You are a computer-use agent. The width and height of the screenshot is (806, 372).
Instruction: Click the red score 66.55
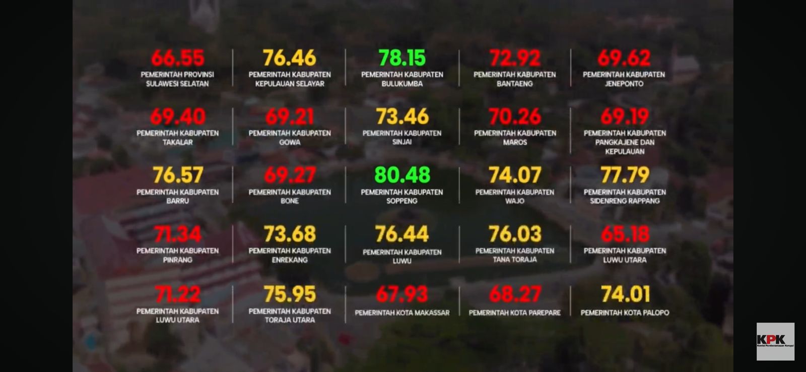point(177,58)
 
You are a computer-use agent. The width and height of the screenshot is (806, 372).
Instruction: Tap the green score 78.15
point(402,58)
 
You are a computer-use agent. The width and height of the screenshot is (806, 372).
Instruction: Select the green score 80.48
point(402,175)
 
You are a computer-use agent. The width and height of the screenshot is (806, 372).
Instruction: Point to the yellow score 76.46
point(290,58)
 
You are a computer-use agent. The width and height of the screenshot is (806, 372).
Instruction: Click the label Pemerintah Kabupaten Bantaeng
point(514,79)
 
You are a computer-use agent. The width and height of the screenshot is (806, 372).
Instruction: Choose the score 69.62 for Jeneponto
point(624,58)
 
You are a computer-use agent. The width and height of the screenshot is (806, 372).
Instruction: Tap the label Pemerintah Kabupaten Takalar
point(177,138)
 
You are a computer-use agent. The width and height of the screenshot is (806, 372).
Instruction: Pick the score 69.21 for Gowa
point(290,117)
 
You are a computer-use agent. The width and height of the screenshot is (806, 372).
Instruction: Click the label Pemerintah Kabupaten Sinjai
point(402,138)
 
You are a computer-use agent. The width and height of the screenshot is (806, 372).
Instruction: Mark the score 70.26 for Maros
point(515,117)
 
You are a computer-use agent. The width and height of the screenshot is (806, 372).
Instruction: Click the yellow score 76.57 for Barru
point(177,175)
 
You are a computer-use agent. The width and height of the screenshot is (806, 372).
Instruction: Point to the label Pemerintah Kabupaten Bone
point(290,196)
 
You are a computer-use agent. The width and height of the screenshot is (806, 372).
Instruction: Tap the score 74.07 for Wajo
point(515,175)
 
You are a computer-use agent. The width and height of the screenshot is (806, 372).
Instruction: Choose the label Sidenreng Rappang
point(625,196)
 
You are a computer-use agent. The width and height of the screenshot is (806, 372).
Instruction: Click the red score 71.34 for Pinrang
point(177,234)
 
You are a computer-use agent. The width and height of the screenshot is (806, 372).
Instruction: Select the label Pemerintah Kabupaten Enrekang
point(290,255)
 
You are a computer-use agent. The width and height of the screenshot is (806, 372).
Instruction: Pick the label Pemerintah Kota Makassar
point(402,313)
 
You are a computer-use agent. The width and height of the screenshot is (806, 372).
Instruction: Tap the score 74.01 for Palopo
point(625,294)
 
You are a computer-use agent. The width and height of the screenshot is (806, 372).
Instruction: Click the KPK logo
point(775,341)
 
